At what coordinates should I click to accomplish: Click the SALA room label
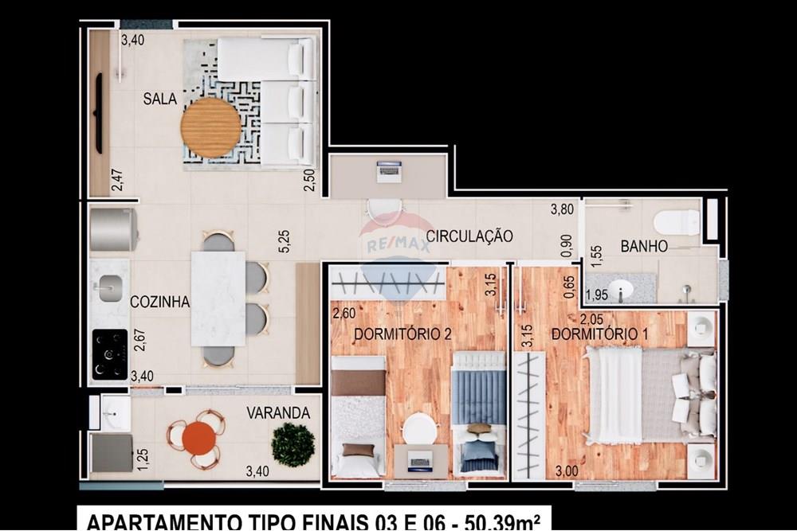pyautogui.click(x=160, y=100)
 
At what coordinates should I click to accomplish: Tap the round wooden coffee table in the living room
pyautogui.click(x=210, y=127)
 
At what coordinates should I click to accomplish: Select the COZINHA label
pyautogui.click(x=159, y=302)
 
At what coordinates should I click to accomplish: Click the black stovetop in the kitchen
pyautogui.click(x=110, y=353)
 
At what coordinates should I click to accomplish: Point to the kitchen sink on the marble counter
pyautogui.click(x=110, y=283)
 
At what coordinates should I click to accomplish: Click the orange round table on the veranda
pyautogui.click(x=198, y=438)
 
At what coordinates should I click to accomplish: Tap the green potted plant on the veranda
pyautogui.click(x=292, y=444)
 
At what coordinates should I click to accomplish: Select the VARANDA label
pyautogui.click(x=277, y=413)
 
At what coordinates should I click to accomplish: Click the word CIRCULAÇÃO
pyautogui.click(x=469, y=236)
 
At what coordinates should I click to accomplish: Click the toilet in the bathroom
pyautogui.click(x=677, y=222)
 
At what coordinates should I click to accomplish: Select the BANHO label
pyautogui.click(x=644, y=247)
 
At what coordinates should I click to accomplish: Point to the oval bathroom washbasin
pyautogui.click(x=618, y=288)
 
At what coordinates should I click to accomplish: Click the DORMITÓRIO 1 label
pyautogui.click(x=599, y=334)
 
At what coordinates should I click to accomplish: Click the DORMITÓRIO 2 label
pyautogui.click(x=391, y=334)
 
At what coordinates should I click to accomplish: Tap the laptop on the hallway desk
pyautogui.click(x=389, y=170)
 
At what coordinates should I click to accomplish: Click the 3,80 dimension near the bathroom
pyautogui.click(x=563, y=211)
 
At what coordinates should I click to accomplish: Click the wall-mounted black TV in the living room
pyautogui.click(x=99, y=113)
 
